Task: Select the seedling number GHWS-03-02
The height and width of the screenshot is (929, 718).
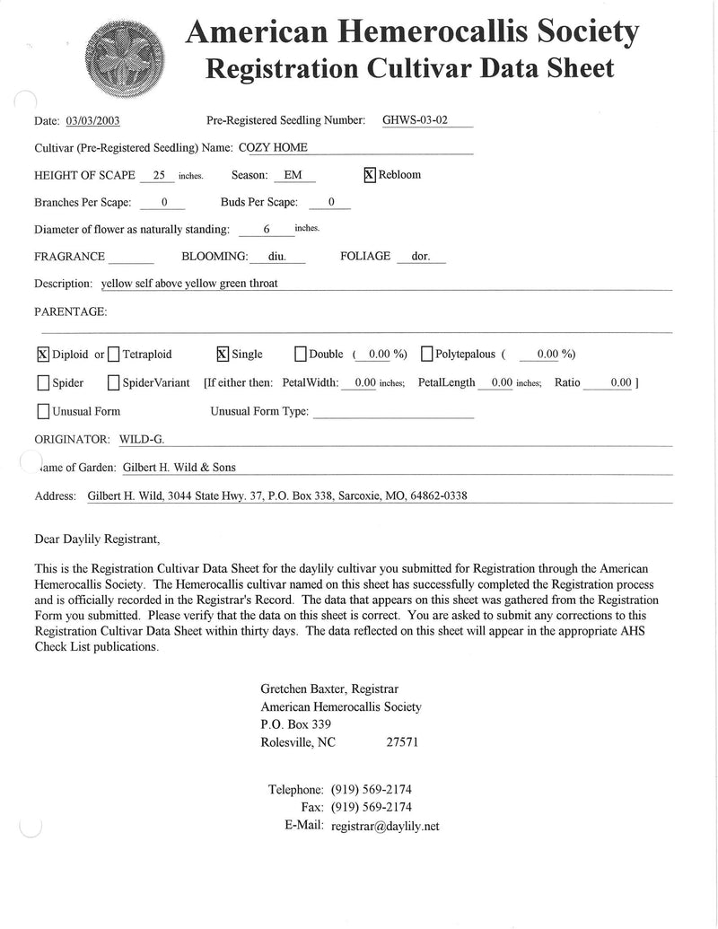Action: pos(415,120)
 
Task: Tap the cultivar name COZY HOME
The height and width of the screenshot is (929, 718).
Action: pos(274,147)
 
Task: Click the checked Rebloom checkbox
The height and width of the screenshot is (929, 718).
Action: pos(369,175)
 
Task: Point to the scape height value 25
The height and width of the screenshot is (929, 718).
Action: pos(160,176)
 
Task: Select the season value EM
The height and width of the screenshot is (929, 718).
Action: pos(293,176)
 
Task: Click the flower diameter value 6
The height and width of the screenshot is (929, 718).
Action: pos(267,230)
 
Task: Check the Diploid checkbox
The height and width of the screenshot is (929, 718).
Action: pos(43,354)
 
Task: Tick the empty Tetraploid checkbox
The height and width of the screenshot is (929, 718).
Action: pos(113,354)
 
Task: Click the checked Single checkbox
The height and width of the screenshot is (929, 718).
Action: pos(223,354)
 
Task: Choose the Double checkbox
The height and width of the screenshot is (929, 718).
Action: pos(301,354)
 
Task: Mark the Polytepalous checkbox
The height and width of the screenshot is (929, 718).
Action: pos(426,354)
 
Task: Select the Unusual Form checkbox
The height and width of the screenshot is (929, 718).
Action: pos(43,412)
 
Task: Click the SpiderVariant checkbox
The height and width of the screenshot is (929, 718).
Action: pos(113,383)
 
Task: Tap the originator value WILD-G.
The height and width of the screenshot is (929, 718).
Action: pos(142,440)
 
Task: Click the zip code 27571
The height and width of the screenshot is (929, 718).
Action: pos(401,742)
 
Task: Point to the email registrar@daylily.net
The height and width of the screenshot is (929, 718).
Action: pos(385,827)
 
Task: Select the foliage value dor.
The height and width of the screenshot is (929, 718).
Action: pos(421,257)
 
